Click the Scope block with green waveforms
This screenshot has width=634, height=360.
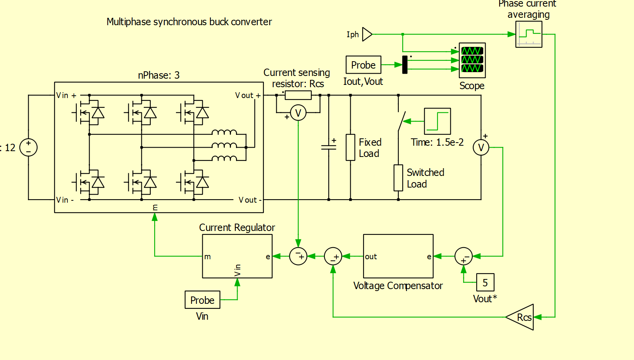click(x=472, y=60)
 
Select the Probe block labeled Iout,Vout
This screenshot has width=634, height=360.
click(x=363, y=65)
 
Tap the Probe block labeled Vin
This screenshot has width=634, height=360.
click(x=202, y=300)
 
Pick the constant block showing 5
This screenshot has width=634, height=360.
click(x=485, y=282)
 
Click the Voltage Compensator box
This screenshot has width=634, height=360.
click(x=398, y=256)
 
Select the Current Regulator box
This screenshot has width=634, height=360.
click(x=237, y=256)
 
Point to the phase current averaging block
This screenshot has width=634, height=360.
click(x=529, y=34)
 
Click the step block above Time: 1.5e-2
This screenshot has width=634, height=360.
click(x=438, y=121)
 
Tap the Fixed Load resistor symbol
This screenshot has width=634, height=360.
click(x=350, y=147)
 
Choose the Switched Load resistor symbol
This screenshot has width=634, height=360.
click(x=398, y=178)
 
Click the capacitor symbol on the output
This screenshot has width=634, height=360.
click(x=329, y=147)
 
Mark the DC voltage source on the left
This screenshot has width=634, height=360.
click(x=28, y=147)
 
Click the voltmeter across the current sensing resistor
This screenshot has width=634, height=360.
click(x=298, y=113)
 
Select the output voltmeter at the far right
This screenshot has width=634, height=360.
click(x=481, y=147)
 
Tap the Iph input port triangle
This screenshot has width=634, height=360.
click(x=367, y=34)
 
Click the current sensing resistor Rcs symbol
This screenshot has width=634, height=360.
click(x=298, y=95)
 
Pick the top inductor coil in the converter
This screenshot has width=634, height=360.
click(x=224, y=133)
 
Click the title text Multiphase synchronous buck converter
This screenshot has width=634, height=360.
click(x=189, y=22)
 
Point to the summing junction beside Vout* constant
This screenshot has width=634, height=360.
click(x=463, y=256)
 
